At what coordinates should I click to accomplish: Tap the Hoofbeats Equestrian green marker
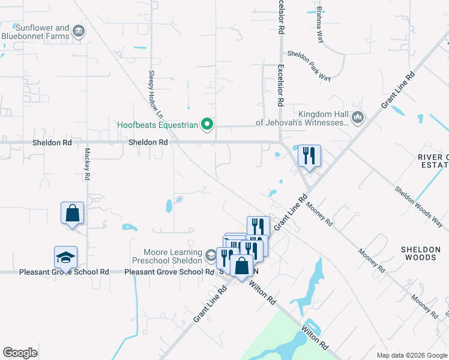pyautogui.click(x=207, y=125)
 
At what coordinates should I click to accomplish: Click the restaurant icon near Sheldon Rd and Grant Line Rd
pyautogui.click(x=309, y=156)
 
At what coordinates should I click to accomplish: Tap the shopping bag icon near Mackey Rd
pyautogui.click(x=72, y=213)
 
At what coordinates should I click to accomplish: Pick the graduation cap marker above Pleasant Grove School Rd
pyautogui.click(x=65, y=257)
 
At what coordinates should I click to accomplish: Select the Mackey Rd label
pyautogui.click(x=88, y=164)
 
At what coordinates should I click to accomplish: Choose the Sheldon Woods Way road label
pyautogui.click(x=418, y=206)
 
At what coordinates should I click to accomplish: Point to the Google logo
pyautogui.click(x=20, y=352)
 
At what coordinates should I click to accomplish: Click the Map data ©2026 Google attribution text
pyautogui.click(x=411, y=355)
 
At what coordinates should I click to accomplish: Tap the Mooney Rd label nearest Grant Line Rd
pyautogui.click(x=319, y=213)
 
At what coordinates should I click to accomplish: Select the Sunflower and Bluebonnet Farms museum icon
pyautogui.click(x=78, y=31)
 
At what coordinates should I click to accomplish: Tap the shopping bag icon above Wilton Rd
pyautogui.click(x=241, y=265)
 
